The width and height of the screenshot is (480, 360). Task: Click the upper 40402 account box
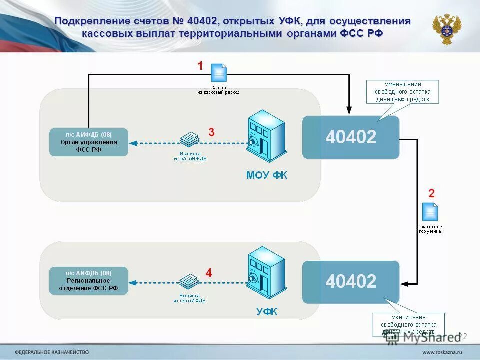click(x=351, y=137)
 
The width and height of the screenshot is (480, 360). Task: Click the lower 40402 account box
click(x=351, y=282)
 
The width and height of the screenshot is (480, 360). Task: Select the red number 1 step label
click(x=200, y=66)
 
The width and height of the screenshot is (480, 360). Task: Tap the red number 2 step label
click(x=432, y=193)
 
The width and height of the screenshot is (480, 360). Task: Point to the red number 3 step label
click(x=211, y=132)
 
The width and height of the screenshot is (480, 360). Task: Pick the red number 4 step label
click(x=209, y=273)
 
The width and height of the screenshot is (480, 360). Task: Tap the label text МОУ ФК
click(x=267, y=175)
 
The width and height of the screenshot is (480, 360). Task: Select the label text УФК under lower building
click(x=266, y=312)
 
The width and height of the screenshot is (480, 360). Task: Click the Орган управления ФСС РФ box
click(x=89, y=142)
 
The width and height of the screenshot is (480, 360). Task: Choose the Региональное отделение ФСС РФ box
click(x=89, y=281)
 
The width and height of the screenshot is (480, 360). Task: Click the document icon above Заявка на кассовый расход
click(x=218, y=73)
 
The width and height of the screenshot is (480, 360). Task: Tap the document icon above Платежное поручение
click(x=430, y=212)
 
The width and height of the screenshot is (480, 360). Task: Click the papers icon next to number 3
click(x=189, y=139)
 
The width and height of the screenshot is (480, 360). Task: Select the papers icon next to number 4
click(x=189, y=281)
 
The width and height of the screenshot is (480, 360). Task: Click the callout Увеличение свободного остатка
click(x=408, y=324)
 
